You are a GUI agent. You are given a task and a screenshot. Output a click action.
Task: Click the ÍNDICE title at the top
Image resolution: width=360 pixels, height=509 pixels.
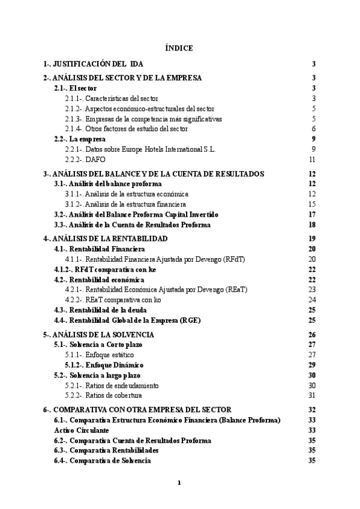click(x=179, y=47)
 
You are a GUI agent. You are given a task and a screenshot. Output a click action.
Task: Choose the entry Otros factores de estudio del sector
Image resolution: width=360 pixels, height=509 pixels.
click(x=127, y=128)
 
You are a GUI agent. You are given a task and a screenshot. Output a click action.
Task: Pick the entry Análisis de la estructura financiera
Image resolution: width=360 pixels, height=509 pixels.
click(x=126, y=204)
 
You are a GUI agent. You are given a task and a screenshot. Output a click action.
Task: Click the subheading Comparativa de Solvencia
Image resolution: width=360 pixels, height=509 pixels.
click(x=102, y=460)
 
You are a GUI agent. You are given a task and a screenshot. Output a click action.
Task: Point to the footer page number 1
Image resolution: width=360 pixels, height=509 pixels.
click(x=179, y=481)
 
